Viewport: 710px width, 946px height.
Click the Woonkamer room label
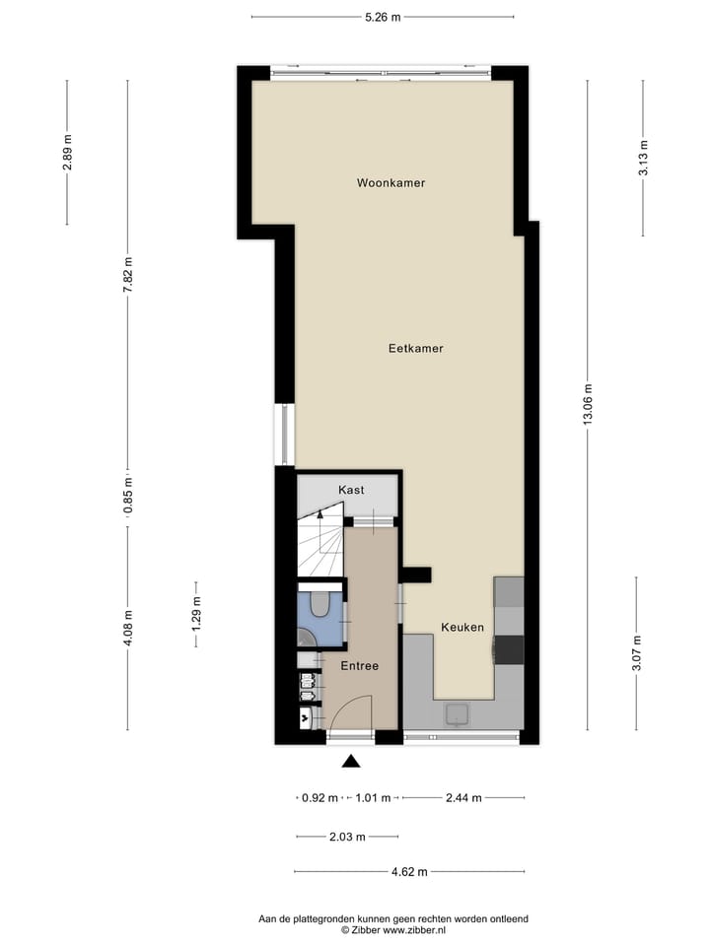391,183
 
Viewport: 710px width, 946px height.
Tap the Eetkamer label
415,349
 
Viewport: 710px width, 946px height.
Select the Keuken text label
461,628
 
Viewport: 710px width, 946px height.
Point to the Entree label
360,666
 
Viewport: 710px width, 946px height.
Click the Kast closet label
351,490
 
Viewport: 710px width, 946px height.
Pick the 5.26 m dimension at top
383,17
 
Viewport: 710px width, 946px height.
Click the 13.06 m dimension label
589,404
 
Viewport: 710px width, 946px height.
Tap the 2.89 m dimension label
67,152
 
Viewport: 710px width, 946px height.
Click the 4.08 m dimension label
127,628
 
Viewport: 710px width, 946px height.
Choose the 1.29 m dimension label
196,614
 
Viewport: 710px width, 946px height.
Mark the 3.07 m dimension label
636,654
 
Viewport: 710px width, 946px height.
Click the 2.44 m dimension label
462,798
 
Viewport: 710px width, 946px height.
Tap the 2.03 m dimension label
346,838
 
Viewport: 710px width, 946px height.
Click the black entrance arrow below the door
350,760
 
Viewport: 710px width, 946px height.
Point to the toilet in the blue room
319,604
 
